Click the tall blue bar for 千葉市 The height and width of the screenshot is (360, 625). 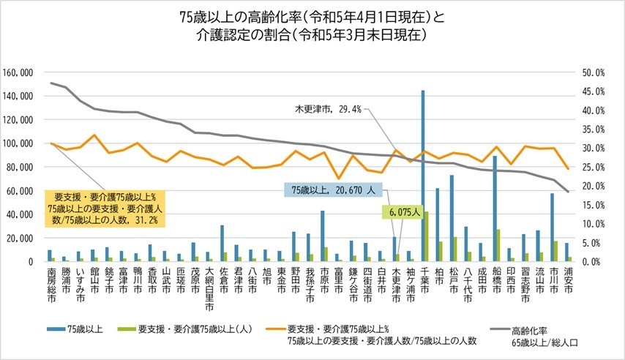tap(423, 176)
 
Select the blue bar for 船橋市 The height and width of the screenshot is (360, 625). tap(495, 209)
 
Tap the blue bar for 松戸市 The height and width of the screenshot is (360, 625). tap(452, 218)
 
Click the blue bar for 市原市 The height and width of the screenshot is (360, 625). tap(323, 236)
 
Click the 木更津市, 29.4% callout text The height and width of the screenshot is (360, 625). tap(327, 109)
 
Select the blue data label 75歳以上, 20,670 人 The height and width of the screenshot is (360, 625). tap(332, 190)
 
